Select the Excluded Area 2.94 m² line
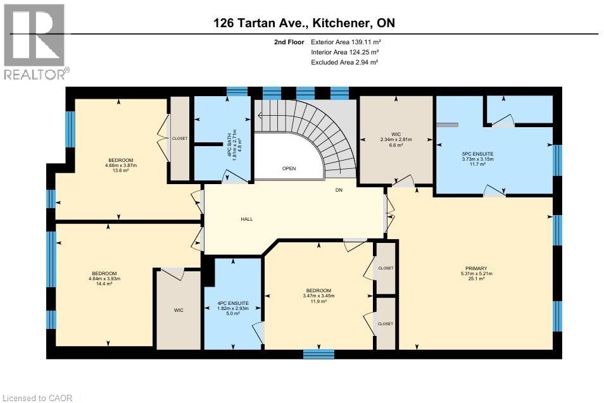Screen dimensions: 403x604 (x=344, y=62)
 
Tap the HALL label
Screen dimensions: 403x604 (x=246, y=219)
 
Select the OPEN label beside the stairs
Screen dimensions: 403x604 (x=289, y=168)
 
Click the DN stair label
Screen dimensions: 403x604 (x=339, y=189)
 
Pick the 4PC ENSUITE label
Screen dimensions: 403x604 (x=233, y=304)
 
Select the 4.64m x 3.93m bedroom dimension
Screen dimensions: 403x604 (x=104, y=278)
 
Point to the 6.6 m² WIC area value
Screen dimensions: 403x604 (x=396, y=145)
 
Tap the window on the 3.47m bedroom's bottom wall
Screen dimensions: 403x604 (x=318, y=354)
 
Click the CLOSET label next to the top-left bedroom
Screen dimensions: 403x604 (x=180, y=139)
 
